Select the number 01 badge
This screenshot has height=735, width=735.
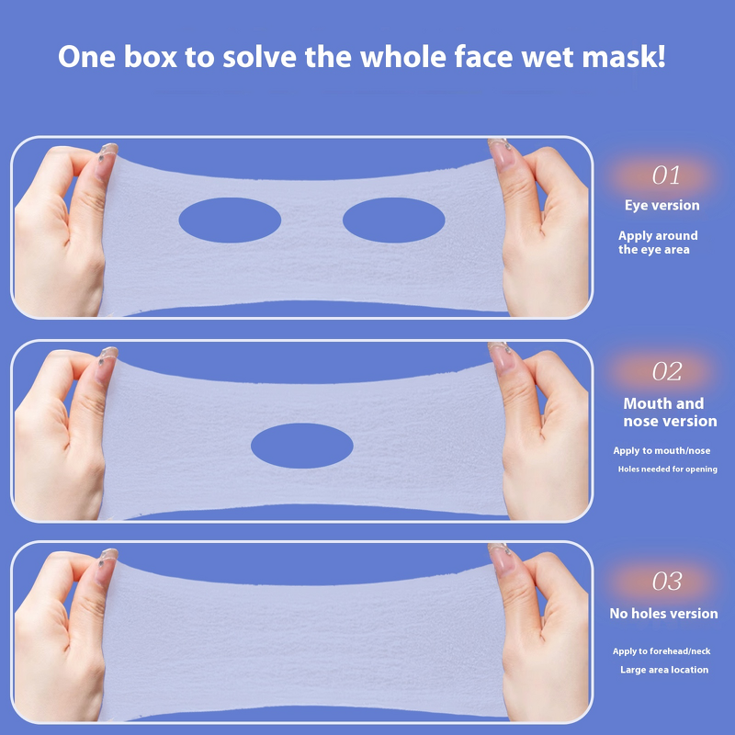coord(667,175)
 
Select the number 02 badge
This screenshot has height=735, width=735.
coord(667,372)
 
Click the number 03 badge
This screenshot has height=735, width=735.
coord(667,582)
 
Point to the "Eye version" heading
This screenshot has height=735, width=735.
coord(661,205)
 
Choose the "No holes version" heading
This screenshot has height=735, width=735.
coord(663,614)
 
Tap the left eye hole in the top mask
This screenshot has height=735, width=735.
coord(230,220)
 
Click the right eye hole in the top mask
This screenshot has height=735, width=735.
coord(393,220)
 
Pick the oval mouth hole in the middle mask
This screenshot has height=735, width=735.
coord(301,446)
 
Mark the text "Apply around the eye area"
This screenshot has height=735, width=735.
coord(657,243)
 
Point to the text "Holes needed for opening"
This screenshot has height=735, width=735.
coord(667,469)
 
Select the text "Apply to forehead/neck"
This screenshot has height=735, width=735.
coord(661,651)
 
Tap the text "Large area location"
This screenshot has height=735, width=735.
coord(663,670)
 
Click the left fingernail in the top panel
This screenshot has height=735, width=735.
coord(108,150)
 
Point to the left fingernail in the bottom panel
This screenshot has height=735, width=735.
coord(108,556)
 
